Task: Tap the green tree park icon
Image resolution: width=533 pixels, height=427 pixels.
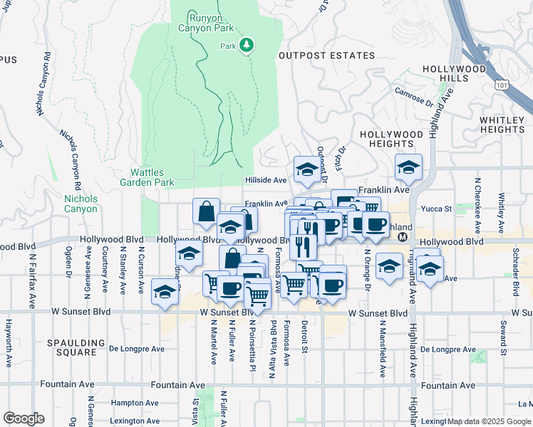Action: [x=247, y=46]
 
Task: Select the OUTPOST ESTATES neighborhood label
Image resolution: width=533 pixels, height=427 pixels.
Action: [x=326, y=56]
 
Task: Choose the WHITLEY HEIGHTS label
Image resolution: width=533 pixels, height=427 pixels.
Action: [x=502, y=125]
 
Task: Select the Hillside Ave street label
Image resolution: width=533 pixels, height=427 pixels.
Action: [x=266, y=180]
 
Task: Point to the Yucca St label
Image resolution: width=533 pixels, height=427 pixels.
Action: [x=438, y=209]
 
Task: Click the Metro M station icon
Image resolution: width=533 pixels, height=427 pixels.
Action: [x=403, y=237]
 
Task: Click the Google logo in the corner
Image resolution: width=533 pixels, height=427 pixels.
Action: [x=24, y=418]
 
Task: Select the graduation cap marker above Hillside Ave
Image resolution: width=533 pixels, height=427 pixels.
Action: [x=306, y=169]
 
